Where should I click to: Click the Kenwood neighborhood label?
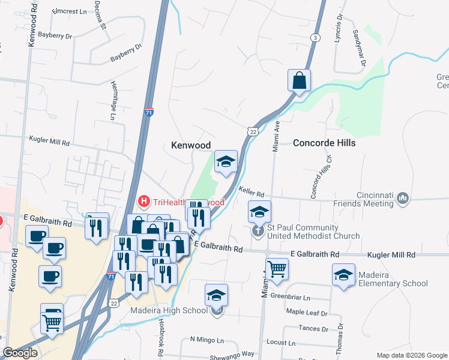(x=191, y=145)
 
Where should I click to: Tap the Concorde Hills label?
(x=324, y=143)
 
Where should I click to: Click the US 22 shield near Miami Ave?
(x=253, y=131)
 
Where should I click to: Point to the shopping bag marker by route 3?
(x=299, y=80)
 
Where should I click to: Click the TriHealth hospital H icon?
(x=144, y=201)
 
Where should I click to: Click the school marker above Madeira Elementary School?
(x=343, y=275)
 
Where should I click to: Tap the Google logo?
(x=20, y=353)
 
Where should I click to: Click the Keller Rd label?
(x=252, y=192)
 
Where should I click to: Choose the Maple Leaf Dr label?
(x=307, y=313)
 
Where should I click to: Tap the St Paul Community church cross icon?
(x=258, y=231)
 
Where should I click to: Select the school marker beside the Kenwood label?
(x=226, y=161)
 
